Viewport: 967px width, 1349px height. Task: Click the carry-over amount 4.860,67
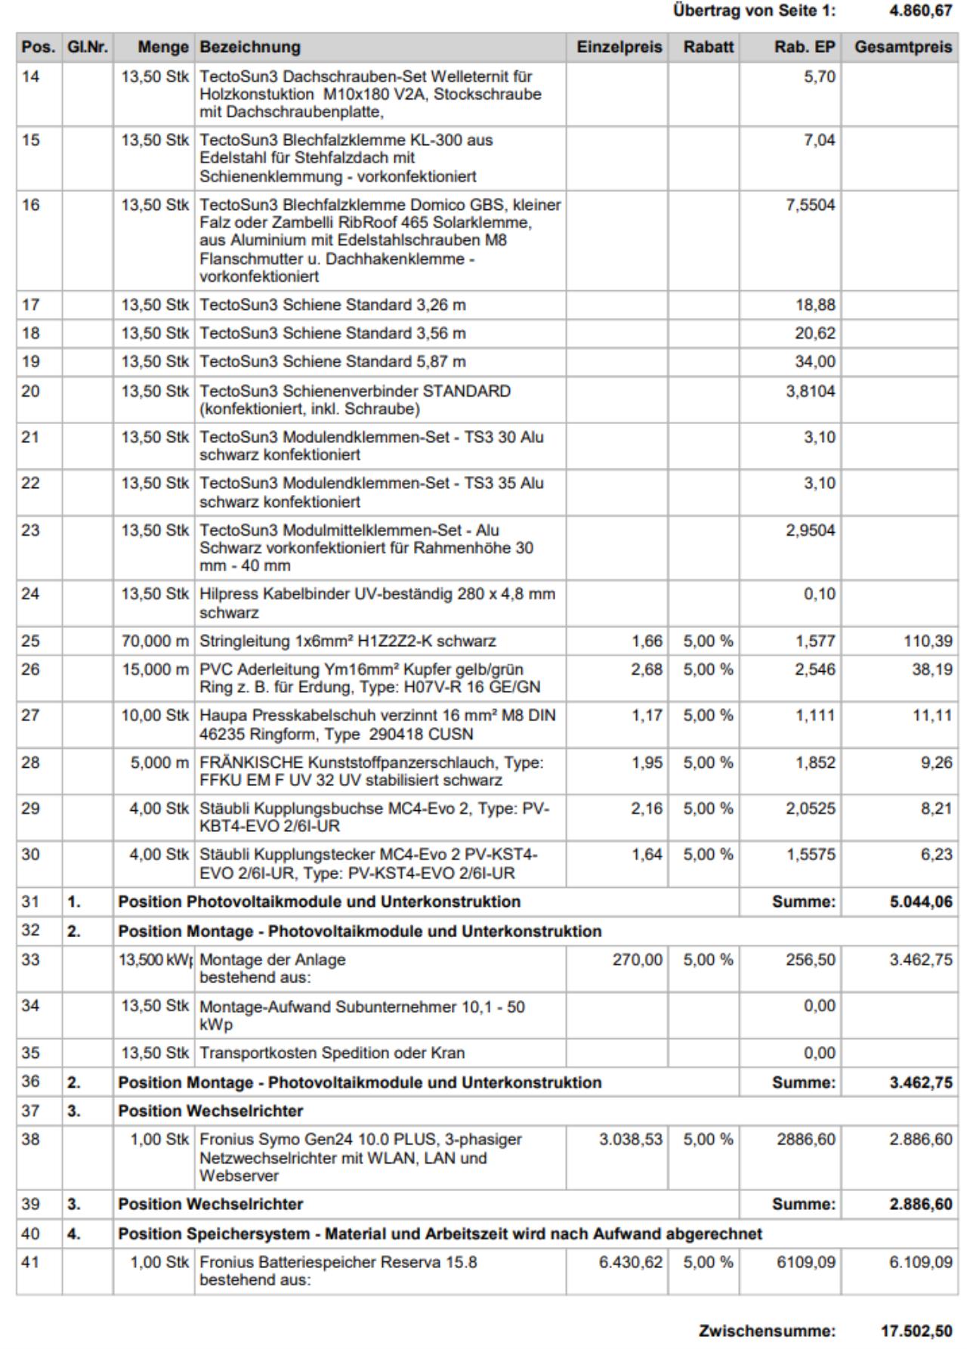coord(920,11)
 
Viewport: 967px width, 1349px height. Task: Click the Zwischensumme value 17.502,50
coord(916,1331)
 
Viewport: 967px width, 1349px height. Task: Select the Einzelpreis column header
coord(619,47)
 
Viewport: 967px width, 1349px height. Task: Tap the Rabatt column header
coord(708,47)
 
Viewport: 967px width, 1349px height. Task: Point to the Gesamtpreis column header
coord(903,47)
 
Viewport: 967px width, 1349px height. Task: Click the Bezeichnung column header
coord(250,47)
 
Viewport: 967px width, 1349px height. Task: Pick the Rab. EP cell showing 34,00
coord(815,362)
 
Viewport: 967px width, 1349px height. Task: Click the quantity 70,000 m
coord(156,642)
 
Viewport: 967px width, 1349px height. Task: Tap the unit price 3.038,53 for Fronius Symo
coord(631,1140)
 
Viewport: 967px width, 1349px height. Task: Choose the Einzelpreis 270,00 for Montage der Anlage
coord(641,960)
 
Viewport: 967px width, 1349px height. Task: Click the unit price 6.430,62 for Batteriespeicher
coord(631,1263)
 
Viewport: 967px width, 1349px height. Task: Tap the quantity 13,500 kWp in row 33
coord(155,960)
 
